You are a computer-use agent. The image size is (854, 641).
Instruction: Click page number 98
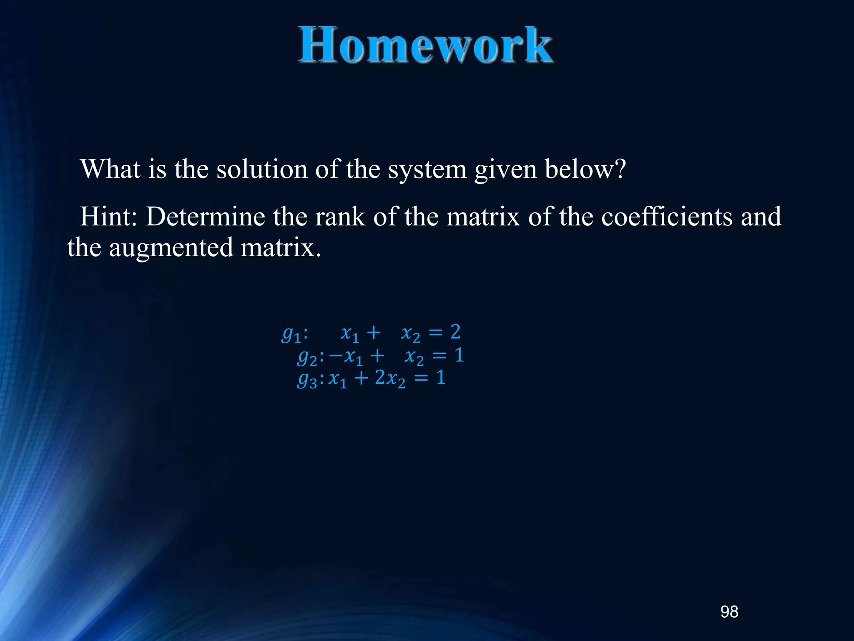click(729, 612)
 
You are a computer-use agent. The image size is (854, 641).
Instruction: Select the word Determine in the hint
click(205, 217)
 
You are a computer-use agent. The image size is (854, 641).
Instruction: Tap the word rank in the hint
click(339, 217)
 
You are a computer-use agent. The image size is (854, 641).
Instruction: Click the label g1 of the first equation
click(291, 334)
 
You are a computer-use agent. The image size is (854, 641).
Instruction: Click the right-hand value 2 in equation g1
click(455, 332)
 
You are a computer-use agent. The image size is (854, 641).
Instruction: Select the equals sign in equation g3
click(421, 379)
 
